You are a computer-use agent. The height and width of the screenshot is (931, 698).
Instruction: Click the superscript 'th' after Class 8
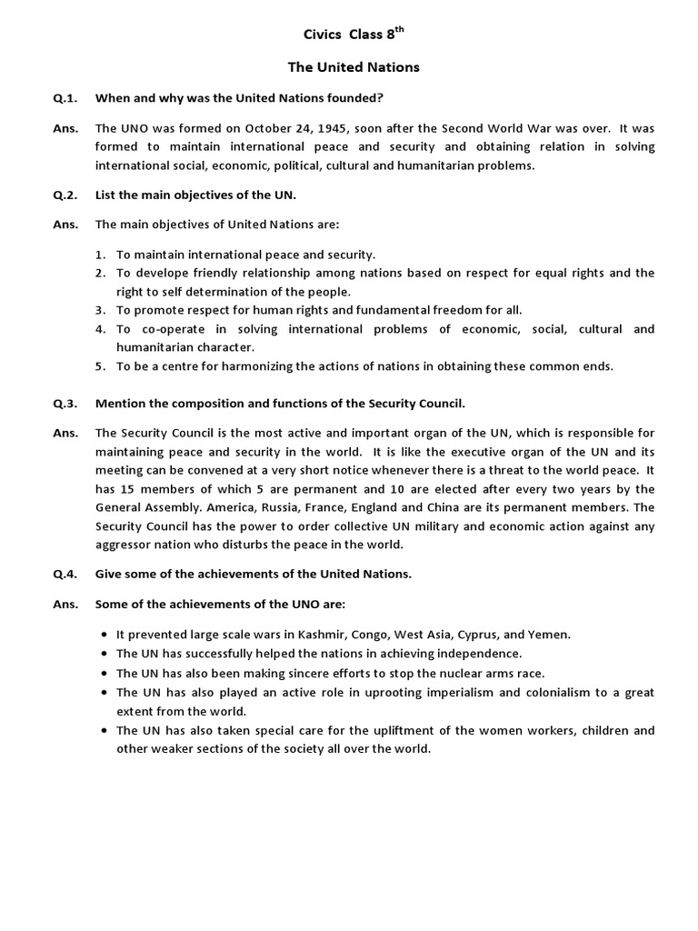(398, 31)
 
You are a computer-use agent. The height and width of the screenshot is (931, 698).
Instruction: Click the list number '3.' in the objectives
(102, 310)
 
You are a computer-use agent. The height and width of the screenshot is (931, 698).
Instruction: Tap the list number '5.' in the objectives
(102, 366)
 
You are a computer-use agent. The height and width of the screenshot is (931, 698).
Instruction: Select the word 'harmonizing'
(249, 366)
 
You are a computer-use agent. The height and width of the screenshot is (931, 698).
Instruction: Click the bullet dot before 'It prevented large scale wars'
(107, 635)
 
